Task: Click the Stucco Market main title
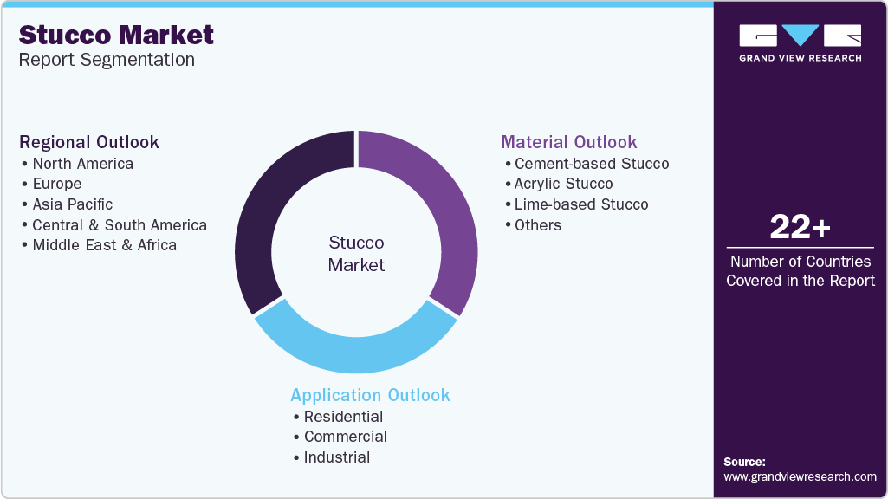click(x=116, y=35)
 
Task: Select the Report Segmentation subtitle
click(x=107, y=60)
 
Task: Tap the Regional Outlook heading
click(x=89, y=142)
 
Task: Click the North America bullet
click(x=82, y=164)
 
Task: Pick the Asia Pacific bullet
click(x=72, y=204)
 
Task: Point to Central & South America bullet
click(x=119, y=225)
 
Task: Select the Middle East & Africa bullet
click(x=104, y=245)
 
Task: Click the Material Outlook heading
click(x=569, y=142)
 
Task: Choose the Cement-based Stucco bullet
click(x=591, y=164)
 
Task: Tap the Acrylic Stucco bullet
click(x=563, y=184)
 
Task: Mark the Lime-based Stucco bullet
click(x=580, y=204)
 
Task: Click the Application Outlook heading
click(x=370, y=395)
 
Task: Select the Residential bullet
click(x=343, y=417)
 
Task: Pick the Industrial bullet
click(x=336, y=457)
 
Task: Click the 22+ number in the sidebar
click(x=800, y=228)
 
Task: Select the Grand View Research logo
click(x=800, y=42)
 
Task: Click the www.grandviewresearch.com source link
click(x=800, y=476)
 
